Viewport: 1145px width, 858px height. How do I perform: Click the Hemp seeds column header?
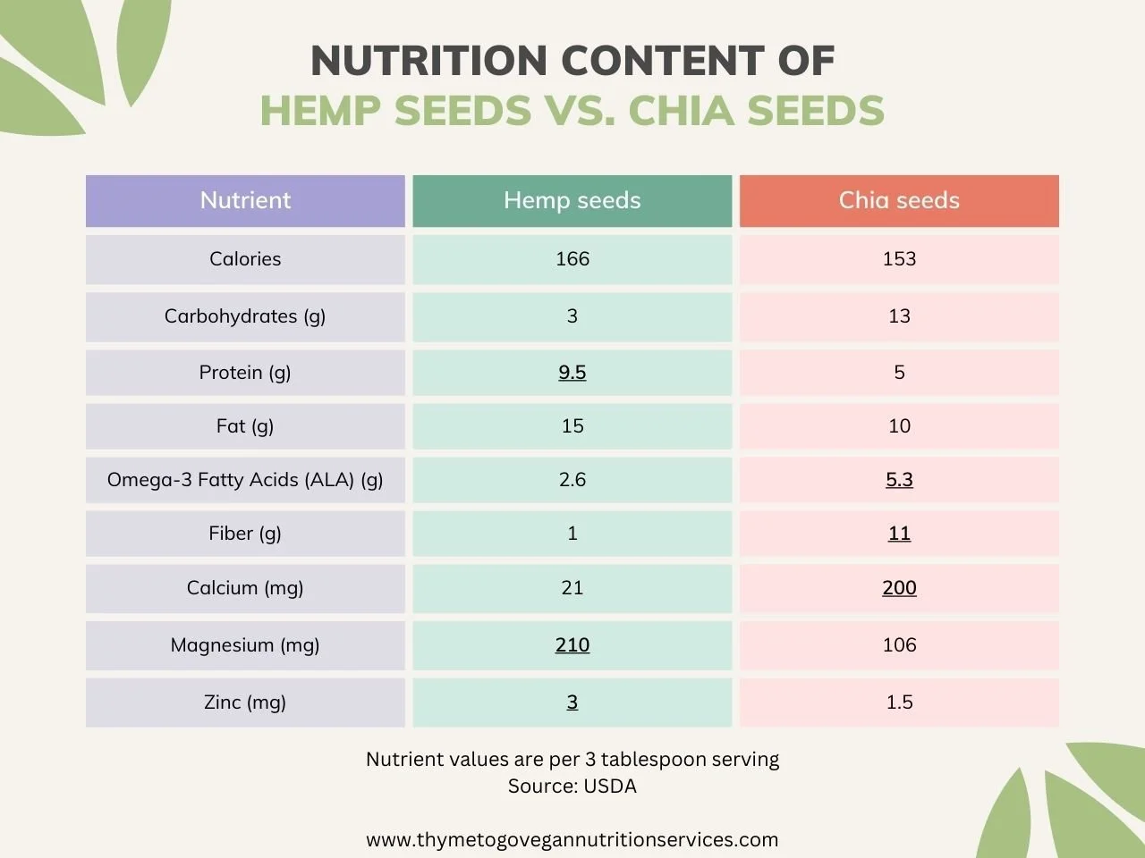(x=572, y=200)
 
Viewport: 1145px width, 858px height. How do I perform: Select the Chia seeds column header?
(x=898, y=200)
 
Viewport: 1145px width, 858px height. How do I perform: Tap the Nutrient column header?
(x=245, y=200)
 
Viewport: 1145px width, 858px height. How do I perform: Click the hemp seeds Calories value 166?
(x=572, y=259)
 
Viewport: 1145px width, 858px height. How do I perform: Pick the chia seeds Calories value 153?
(x=899, y=259)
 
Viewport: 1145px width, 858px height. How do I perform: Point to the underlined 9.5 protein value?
(x=572, y=373)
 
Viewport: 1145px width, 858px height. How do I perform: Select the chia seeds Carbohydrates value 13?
(x=899, y=316)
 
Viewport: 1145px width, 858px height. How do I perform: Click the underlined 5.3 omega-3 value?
(x=899, y=480)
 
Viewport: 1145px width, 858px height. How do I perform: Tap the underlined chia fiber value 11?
(x=899, y=534)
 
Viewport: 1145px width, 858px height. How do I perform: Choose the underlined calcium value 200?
(x=899, y=588)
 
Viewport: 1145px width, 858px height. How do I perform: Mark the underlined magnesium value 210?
(x=572, y=645)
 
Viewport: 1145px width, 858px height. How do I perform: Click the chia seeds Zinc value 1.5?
(x=899, y=702)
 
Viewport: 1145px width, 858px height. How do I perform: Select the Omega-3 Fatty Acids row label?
(x=245, y=480)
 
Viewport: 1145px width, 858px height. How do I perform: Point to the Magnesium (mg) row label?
(x=245, y=645)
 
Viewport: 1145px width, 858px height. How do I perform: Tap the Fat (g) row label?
(x=245, y=426)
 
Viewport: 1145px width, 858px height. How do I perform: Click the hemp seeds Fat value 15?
(x=572, y=426)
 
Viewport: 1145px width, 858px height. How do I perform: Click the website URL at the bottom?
(x=572, y=840)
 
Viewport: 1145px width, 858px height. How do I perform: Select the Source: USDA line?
(x=572, y=786)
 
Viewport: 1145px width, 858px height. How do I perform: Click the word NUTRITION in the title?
(x=428, y=61)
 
